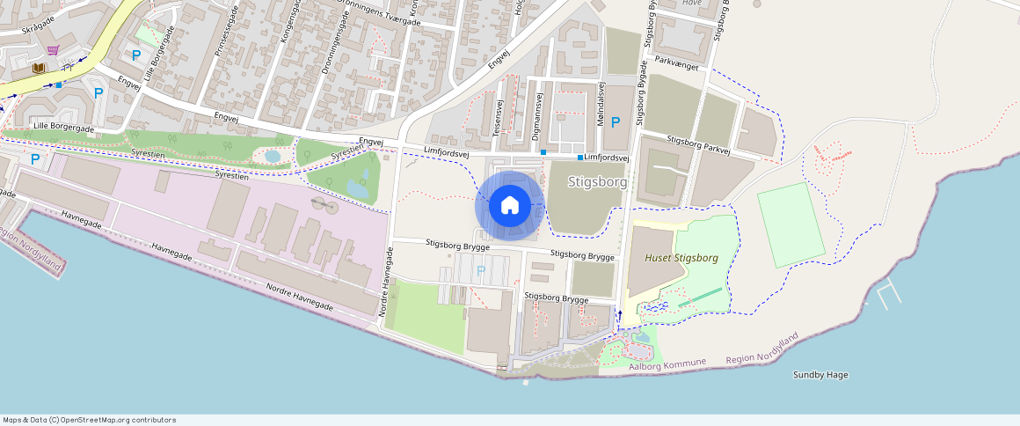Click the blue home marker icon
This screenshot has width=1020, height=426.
pyautogui.click(x=509, y=206)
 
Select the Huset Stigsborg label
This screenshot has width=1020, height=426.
pyautogui.click(x=681, y=258)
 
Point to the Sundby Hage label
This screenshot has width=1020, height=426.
pyautogui.click(x=820, y=375)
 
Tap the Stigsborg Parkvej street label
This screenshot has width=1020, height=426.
pyautogui.click(x=699, y=144)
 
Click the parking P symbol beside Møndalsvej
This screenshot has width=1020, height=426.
pyautogui.click(x=616, y=122)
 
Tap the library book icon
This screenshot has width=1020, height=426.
pyautogui.click(x=39, y=68)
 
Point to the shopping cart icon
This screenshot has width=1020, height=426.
pyautogui.click(x=54, y=50)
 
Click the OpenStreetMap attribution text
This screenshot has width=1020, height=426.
pyautogui.click(x=90, y=420)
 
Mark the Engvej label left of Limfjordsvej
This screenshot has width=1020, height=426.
pyautogui.click(x=371, y=141)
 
